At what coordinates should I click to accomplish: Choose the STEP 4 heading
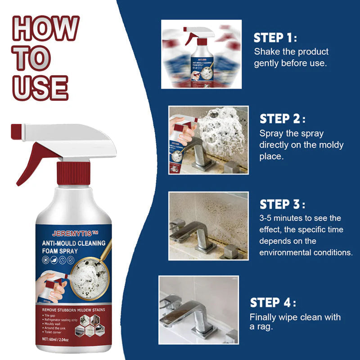click(x=273, y=302)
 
